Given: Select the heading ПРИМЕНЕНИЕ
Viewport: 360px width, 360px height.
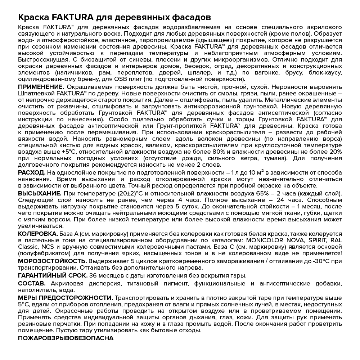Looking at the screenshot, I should (41, 87).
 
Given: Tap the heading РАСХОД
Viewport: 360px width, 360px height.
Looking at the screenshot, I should (31, 173).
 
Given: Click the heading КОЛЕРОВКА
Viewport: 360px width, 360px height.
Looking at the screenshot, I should (38, 234).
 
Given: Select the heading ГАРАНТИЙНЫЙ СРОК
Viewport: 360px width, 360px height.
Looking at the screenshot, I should (53, 275).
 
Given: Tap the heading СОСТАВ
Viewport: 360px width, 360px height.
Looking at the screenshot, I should (31, 284).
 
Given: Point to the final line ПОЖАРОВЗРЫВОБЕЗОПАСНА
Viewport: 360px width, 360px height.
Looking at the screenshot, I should (66, 338).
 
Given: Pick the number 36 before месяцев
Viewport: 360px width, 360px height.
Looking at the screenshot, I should (93, 275).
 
